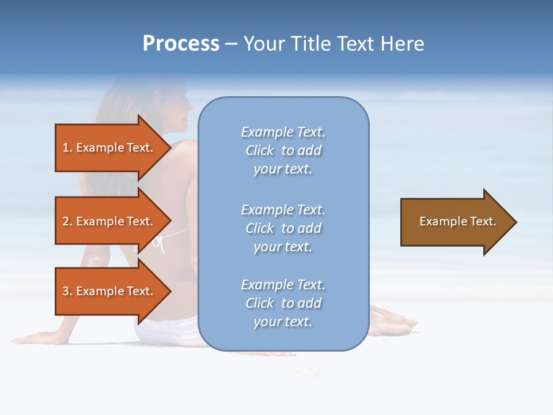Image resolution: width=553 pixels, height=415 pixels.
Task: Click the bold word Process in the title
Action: pyautogui.click(x=181, y=44)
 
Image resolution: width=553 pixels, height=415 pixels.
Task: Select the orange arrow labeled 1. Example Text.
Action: pyautogui.click(x=109, y=148)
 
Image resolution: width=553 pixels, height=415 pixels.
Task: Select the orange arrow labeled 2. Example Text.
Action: pyautogui.click(x=109, y=221)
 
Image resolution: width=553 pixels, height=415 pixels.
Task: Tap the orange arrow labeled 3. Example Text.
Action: pyautogui.click(x=109, y=291)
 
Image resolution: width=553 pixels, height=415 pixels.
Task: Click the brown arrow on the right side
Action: pyautogui.click(x=455, y=221)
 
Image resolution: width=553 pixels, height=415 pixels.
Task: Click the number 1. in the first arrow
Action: pyautogui.click(x=67, y=148)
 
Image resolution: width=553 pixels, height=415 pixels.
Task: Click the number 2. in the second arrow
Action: pyautogui.click(x=67, y=221)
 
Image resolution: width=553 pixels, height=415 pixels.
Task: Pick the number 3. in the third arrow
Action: pyautogui.click(x=67, y=291)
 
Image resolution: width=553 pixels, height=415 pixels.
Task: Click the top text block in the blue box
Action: pyautogui.click(x=283, y=150)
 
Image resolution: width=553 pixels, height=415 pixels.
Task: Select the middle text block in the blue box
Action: pyautogui.click(x=283, y=228)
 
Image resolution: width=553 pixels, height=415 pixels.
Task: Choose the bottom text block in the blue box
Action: pyautogui.click(x=283, y=303)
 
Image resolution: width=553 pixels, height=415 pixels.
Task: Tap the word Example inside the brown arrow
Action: pyautogui.click(x=438, y=221)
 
